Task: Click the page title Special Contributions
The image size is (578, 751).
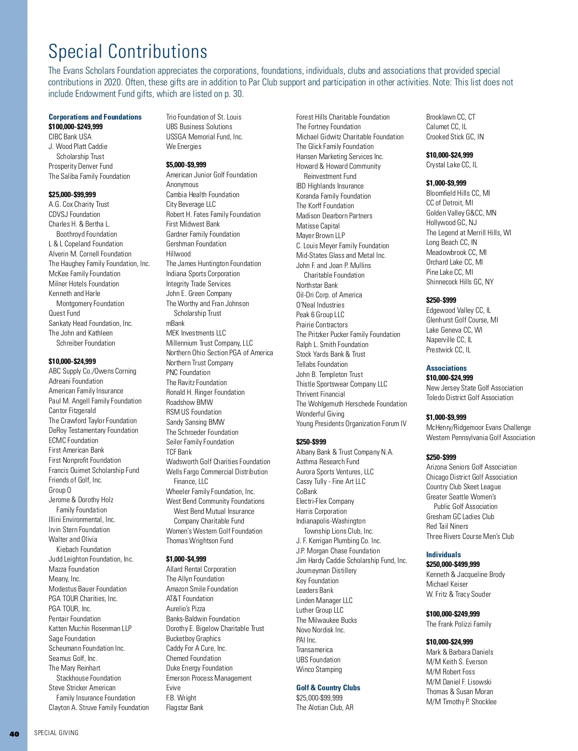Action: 128,52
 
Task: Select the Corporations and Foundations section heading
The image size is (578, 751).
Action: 95,117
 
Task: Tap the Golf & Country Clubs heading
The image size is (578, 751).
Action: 328,687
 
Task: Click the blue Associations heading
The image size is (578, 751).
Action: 446,368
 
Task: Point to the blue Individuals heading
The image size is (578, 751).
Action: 443,554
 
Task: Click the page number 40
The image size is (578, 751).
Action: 14,734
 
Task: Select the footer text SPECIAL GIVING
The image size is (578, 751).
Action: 56,733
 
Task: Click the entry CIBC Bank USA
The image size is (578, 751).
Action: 70,136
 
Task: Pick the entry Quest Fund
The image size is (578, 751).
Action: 64,313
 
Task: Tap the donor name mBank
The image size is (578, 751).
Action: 175,323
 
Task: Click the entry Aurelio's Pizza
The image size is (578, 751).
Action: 185,608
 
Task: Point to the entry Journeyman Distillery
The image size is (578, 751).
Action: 326,570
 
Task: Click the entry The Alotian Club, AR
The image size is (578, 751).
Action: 325,707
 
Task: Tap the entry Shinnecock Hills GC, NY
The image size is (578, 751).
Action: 460,282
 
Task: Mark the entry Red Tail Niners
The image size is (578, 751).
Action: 447,526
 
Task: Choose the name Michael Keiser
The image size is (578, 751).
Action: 447,584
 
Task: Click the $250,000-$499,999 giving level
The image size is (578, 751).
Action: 453,564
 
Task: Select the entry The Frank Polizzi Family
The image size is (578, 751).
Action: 459,624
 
